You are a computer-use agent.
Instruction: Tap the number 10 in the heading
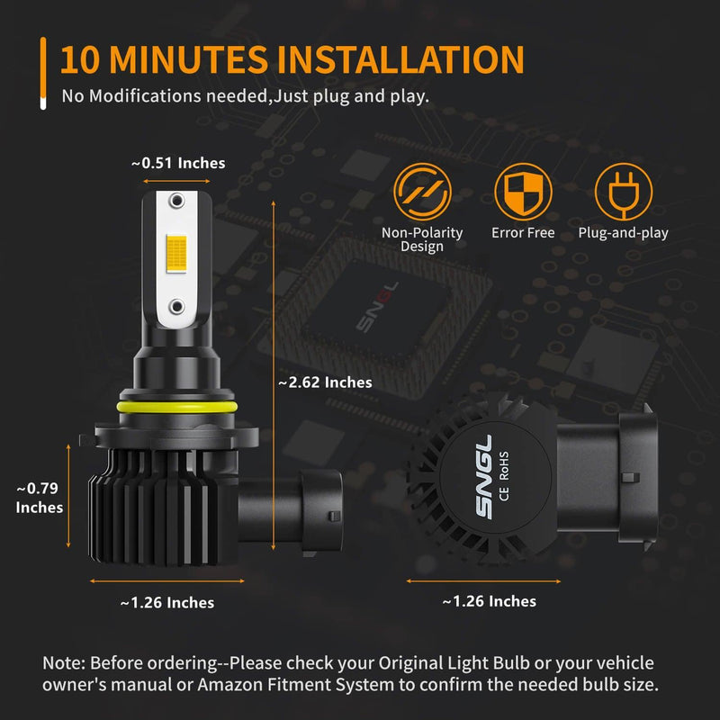click(x=81, y=59)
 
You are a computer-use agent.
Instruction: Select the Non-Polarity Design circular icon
click(x=422, y=193)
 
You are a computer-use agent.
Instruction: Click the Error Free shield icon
click(x=523, y=193)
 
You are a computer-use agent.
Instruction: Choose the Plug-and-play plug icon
click(x=623, y=193)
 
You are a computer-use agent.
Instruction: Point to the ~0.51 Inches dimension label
click(x=178, y=163)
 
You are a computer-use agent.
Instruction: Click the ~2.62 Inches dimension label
click(x=325, y=382)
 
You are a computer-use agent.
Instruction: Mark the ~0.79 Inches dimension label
click(x=40, y=498)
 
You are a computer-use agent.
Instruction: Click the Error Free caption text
click(x=523, y=233)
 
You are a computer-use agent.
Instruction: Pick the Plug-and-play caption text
click(x=623, y=233)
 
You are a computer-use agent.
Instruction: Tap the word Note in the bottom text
click(x=63, y=663)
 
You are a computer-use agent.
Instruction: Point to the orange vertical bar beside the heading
click(x=42, y=72)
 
